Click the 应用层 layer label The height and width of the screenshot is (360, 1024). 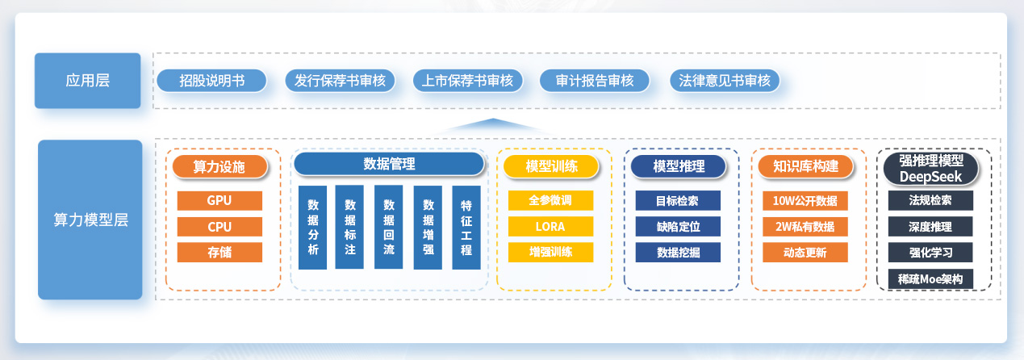tap(87, 80)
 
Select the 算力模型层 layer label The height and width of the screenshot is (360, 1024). tap(90, 219)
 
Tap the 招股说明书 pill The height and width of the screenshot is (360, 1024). tap(211, 81)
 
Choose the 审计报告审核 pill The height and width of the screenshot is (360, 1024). tap(596, 81)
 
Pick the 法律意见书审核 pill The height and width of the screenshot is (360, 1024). tap(724, 81)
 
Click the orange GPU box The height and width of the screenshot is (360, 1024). tap(219, 200)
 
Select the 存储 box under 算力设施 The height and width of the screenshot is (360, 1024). tap(219, 252)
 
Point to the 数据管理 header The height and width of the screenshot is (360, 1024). tap(389, 164)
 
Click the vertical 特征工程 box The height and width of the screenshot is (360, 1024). tap(466, 228)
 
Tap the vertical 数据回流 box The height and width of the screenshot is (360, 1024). tap(388, 228)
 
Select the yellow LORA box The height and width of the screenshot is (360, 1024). tap(550, 226)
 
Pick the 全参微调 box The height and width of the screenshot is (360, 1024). tap(550, 200)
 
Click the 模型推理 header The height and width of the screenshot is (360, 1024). tap(679, 166)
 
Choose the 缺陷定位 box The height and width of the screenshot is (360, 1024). tap(678, 226)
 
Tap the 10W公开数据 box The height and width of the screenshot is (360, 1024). tap(805, 200)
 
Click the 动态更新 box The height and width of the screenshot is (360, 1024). tap(805, 252)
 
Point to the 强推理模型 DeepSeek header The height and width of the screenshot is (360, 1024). tap(930, 168)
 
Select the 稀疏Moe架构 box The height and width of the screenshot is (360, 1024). tap(930, 278)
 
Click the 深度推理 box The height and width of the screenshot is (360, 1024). tap(930, 226)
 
